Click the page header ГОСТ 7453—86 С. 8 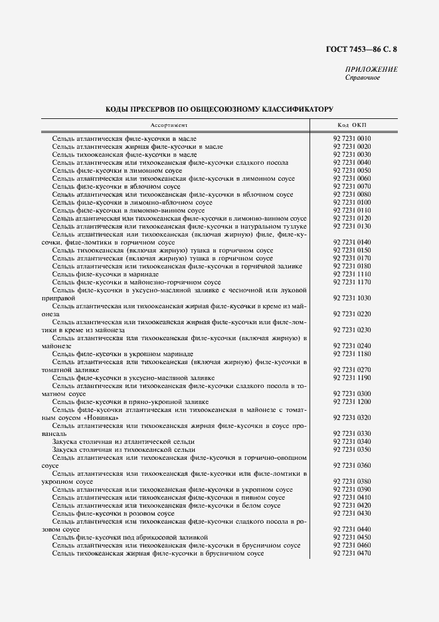pos(366,49)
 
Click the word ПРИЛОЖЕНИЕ pos(371,70)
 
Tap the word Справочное pos(362,78)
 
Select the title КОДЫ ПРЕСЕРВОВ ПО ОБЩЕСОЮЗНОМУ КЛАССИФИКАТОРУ pos(219,108)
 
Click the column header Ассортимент pos(169,124)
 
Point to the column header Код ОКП pos(351,124)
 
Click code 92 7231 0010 pos(351,138)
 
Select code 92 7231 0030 pos(351,154)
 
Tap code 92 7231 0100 pos(351,202)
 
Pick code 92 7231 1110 pos(351,274)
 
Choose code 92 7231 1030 pos(351,298)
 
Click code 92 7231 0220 pos(351,314)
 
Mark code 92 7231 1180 pos(351,354)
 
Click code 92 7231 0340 pos(351,441)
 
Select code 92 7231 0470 pos(351,553)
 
